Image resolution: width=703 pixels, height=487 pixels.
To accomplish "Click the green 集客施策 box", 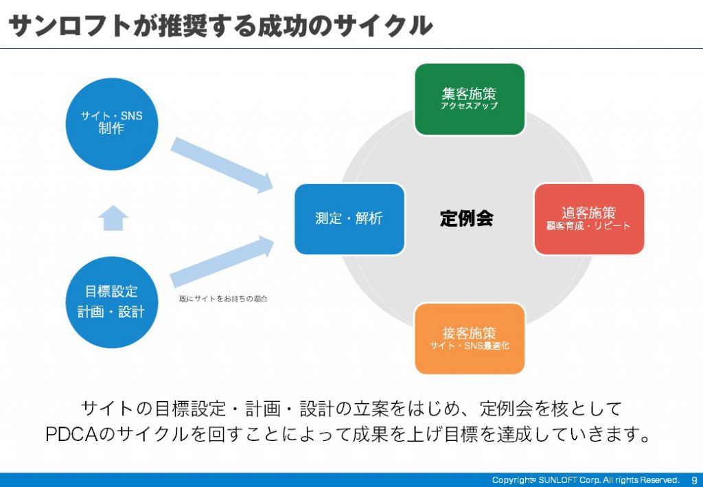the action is [x=470, y=99].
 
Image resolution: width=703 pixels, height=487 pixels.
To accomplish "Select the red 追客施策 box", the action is [x=589, y=219].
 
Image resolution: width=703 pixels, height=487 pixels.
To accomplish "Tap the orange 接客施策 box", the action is [x=470, y=339].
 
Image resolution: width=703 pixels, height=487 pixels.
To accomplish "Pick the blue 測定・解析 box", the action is [x=349, y=219].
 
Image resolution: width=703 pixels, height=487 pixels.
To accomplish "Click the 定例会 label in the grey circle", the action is [x=466, y=218].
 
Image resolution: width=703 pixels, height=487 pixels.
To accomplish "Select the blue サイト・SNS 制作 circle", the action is [x=112, y=124].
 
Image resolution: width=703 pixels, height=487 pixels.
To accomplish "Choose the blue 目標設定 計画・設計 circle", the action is [x=112, y=302].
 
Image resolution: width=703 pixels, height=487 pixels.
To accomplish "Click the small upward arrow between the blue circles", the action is [x=113, y=218].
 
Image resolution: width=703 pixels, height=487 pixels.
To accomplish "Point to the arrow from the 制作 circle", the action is [x=222, y=165].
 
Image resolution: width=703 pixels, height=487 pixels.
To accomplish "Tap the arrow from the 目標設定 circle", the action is [x=222, y=262].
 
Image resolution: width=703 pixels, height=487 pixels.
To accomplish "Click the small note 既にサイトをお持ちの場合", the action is [x=223, y=299].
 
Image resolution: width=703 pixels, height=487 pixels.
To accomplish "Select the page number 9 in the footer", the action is [x=695, y=480].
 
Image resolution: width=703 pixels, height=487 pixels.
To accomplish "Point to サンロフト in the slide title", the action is [x=69, y=25].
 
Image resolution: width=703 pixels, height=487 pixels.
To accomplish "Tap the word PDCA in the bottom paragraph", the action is [x=71, y=433].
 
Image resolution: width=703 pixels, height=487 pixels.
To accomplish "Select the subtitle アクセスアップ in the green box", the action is [x=470, y=106].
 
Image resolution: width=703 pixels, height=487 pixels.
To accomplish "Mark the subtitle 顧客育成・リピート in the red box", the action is [x=588, y=225].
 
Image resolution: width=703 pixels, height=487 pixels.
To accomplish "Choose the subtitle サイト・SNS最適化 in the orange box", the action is [x=470, y=346].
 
